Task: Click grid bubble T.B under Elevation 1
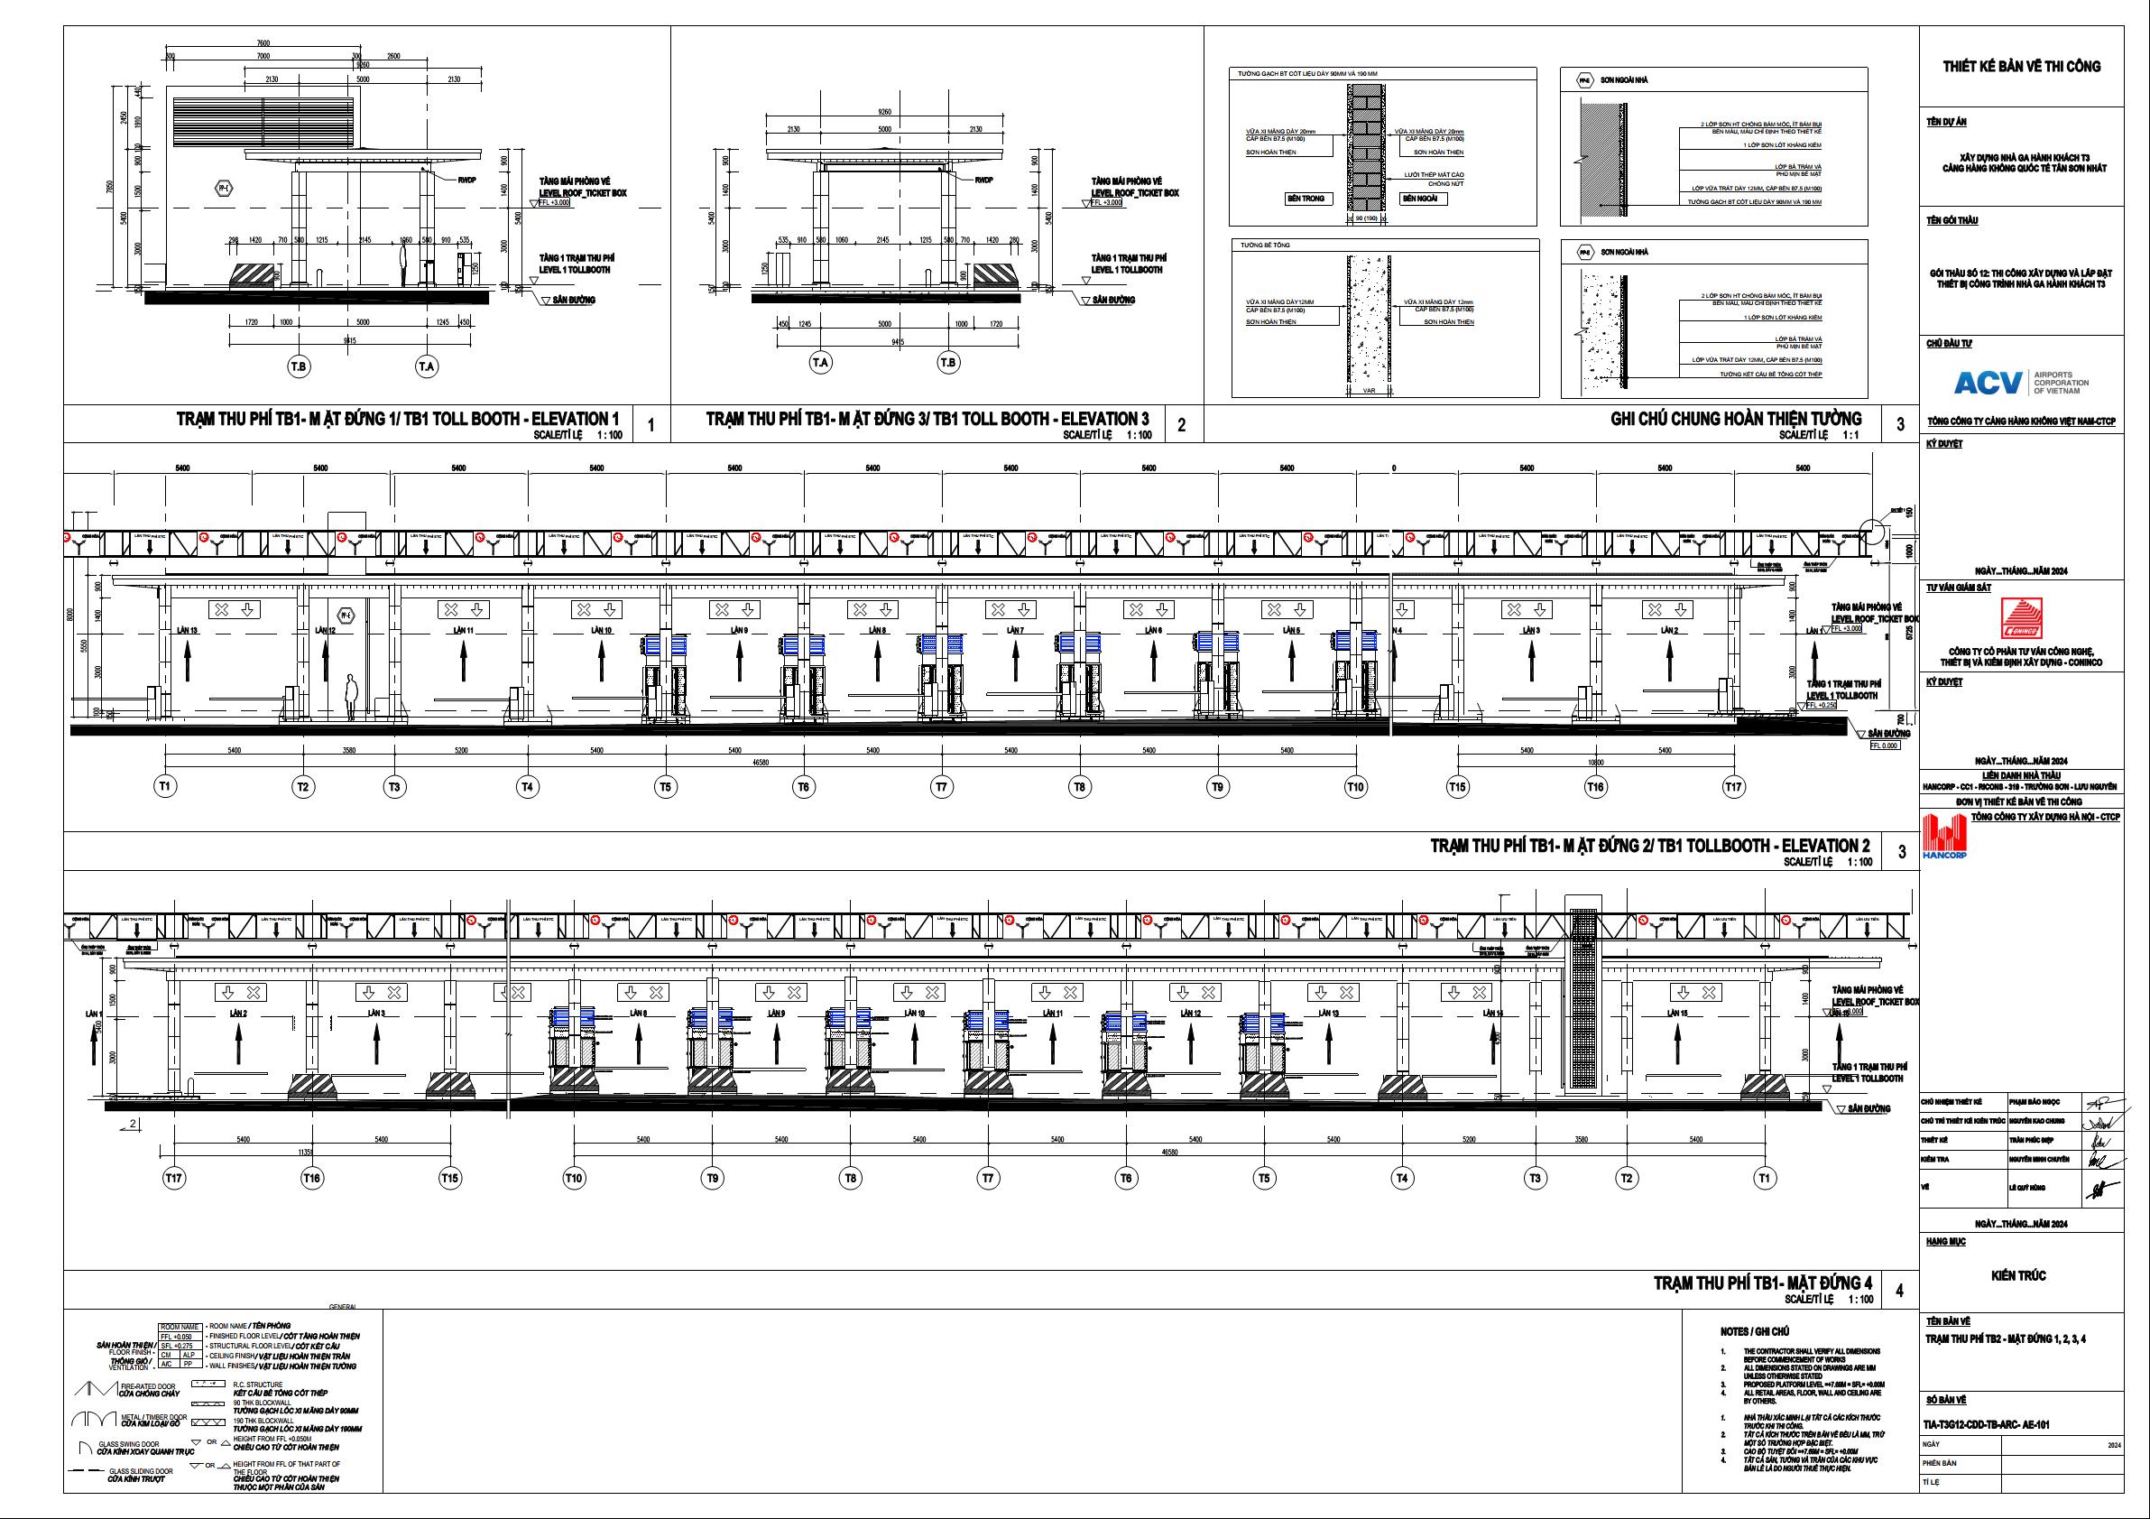pos(299,366)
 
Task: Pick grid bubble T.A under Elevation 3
pos(820,363)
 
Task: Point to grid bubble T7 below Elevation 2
pos(941,788)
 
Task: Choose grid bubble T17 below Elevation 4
pos(173,1178)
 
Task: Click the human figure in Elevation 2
pos(351,697)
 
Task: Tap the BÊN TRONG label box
pos(1306,199)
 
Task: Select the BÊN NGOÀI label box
pos(1423,199)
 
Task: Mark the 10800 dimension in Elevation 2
pos(1597,763)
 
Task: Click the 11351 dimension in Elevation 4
pos(310,1152)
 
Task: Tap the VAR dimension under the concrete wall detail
pos(1369,391)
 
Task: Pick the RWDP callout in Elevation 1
pos(466,180)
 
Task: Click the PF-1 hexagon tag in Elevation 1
pos(224,188)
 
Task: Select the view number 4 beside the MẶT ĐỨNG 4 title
pos(1900,1291)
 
